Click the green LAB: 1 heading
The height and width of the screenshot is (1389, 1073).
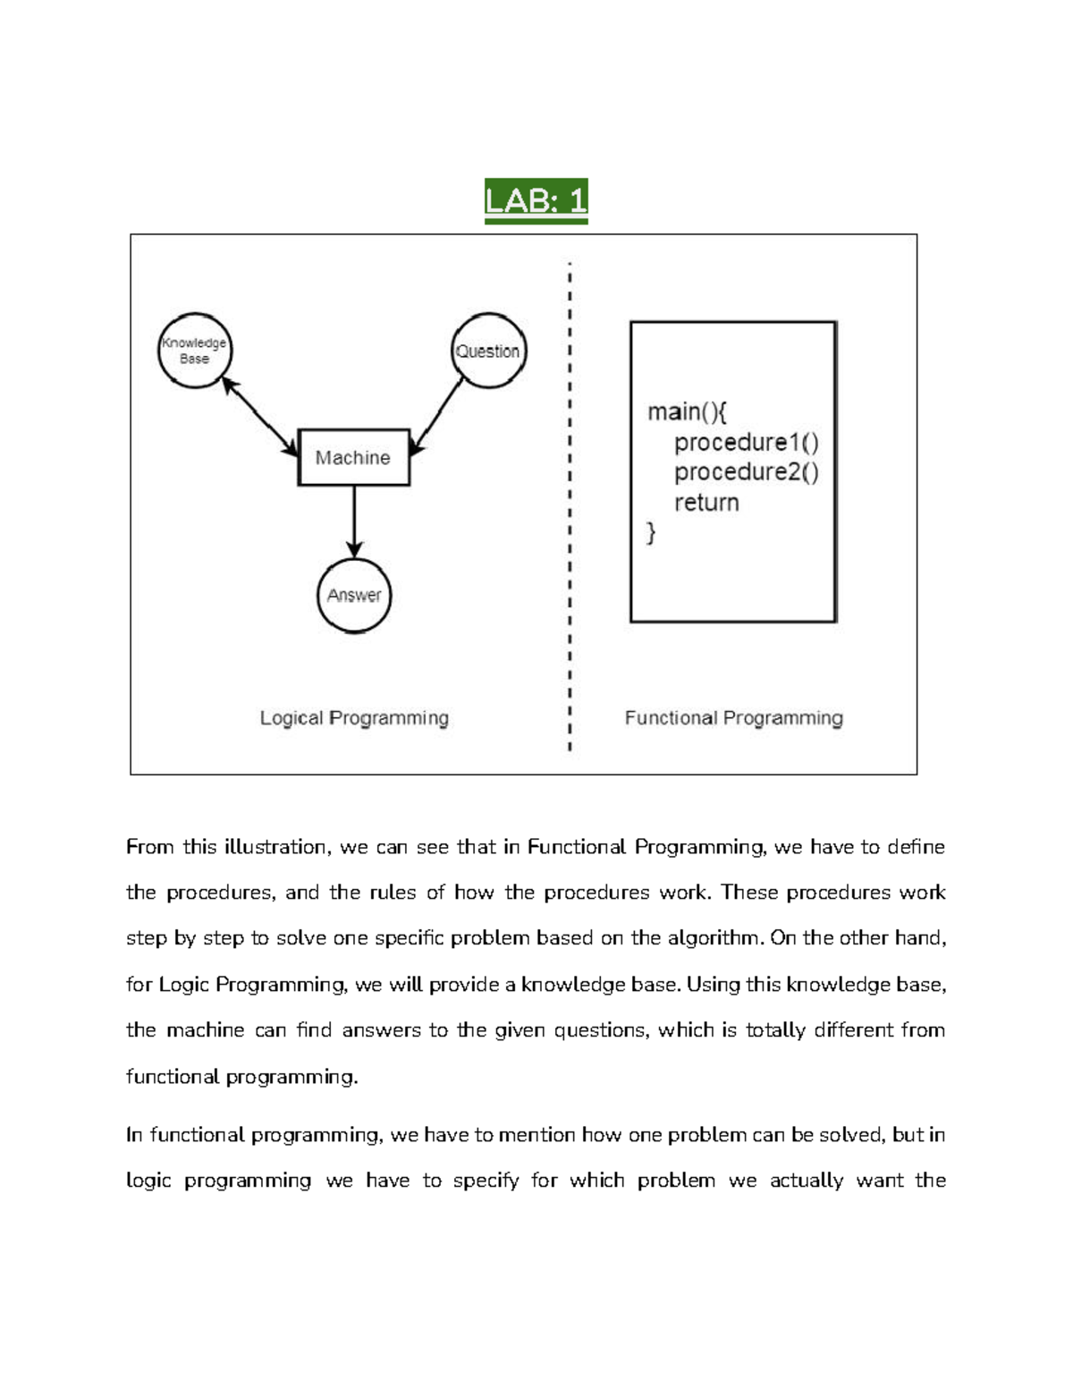536,200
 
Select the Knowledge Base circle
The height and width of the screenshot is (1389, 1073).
194,351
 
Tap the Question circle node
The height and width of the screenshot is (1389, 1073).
487,351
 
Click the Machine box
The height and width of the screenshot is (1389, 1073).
353,457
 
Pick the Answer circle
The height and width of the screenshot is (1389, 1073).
354,595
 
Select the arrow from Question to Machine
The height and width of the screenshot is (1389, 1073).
438,416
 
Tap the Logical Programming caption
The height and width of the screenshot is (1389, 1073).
354,718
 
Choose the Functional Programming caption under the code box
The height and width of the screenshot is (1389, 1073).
733,718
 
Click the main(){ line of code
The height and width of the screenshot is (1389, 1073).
687,411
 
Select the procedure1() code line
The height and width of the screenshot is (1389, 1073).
746,443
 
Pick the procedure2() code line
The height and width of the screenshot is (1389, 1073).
746,472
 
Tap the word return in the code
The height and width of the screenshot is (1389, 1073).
706,503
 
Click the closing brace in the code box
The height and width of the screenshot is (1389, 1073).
651,533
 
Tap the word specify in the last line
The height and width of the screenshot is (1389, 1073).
486,1181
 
